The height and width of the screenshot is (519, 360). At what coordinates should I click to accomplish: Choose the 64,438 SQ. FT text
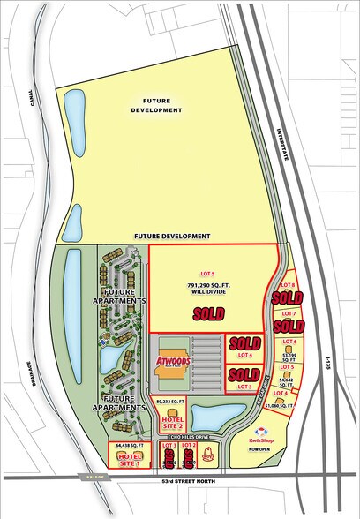pyautogui.click(x=128, y=447)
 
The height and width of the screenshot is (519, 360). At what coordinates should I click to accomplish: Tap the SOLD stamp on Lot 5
pyautogui.click(x=208, y=313)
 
